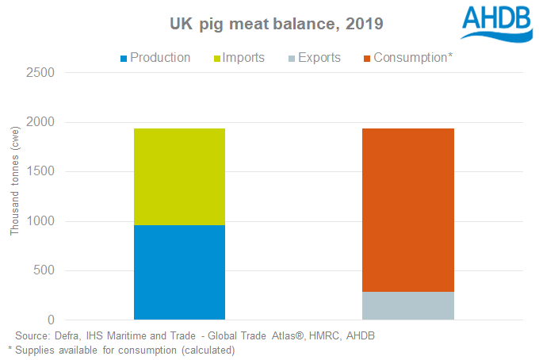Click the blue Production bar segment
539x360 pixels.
[179, 272]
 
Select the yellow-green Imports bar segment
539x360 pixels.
[179, 176]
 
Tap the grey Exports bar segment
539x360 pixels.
[408, 305]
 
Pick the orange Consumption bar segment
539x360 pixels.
[408, 210]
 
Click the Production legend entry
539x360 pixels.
[159, 57]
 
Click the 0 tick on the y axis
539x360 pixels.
[50, 320]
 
